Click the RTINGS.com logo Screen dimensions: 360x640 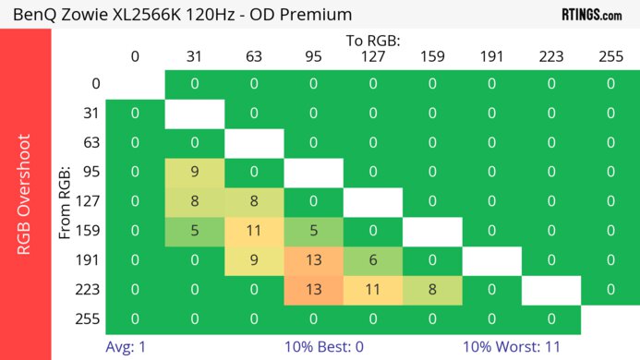(592, 14)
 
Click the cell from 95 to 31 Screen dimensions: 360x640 (194, 172)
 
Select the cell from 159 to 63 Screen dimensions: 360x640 (253, 231)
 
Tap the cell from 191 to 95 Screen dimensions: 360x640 (313, 260)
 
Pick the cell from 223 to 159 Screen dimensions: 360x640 (431, 290)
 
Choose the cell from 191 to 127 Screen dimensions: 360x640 (372, 260)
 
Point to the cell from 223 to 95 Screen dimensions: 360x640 (313, 290)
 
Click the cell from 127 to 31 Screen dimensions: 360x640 (194, 201)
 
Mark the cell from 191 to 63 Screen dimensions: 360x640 (253, 260)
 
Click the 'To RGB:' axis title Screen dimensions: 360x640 (372, 42)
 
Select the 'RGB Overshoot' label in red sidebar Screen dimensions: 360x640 (25, 194)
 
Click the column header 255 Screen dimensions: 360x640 (610, 57)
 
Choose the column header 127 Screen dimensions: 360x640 (372, 57)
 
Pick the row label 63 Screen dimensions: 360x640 (90, 142)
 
